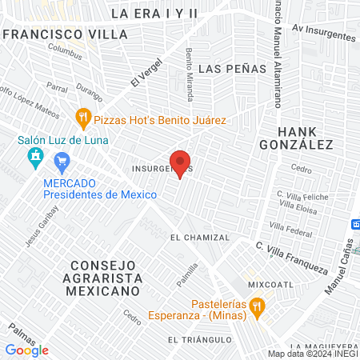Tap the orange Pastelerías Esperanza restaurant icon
pyautogui.click(x=257, y=305)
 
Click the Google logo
pyautogui.click(x=27, y=350)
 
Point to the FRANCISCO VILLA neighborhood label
pyautogui.click(x=65, y=35)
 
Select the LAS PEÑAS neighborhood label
pyautogui.click(x=231, y=68)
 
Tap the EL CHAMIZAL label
pyautogui.click(x=199, y=237)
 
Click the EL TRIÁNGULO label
pyautogui.click(x=199, y=340)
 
